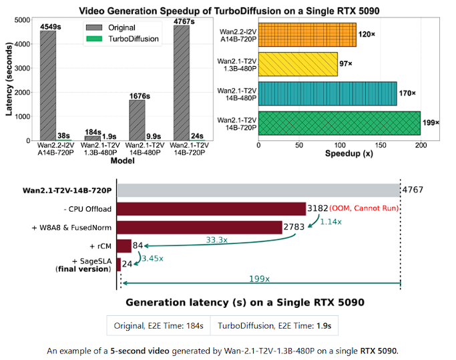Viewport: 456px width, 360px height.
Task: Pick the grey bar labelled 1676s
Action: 136,120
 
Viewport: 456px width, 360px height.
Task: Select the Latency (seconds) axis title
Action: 9,77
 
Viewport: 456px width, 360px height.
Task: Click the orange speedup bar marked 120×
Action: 306,35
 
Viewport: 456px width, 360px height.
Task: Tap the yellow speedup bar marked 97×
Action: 297,64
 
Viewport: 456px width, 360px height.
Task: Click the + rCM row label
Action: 98,246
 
